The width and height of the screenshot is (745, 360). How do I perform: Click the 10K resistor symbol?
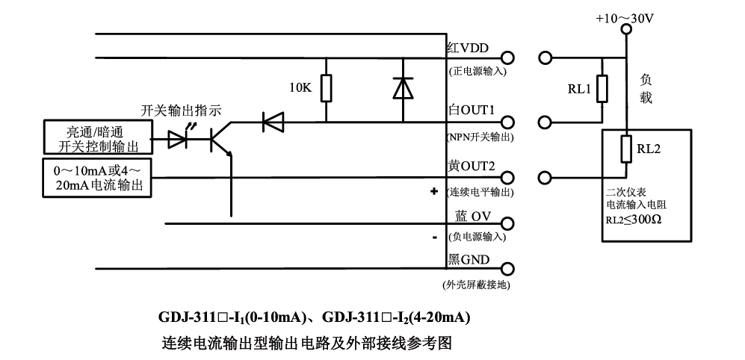click(x=326, y=87)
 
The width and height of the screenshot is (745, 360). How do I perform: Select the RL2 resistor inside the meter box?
click(x=627, y=149)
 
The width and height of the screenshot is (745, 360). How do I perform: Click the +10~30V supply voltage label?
click(x=624, y=17)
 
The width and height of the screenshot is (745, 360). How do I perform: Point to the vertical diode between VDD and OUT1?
click(x=403, y=88)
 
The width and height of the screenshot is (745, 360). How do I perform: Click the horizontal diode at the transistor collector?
click(x=272, y=121)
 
